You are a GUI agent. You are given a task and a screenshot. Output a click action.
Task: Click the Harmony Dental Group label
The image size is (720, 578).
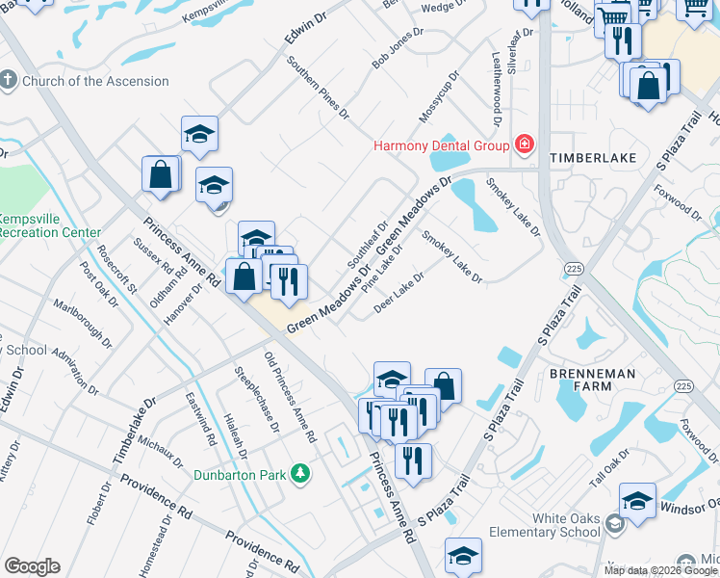[442, 146]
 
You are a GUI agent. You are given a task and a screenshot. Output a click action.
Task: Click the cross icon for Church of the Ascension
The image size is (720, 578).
[9, 80]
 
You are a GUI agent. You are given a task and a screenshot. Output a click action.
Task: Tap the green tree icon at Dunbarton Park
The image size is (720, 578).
[301, 473]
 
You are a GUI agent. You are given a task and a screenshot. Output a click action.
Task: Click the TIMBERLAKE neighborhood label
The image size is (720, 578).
[588, 157]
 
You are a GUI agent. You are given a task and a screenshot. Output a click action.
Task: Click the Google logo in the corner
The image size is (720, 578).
[32, 566]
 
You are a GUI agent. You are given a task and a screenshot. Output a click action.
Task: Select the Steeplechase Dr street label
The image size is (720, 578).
[257, 398]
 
